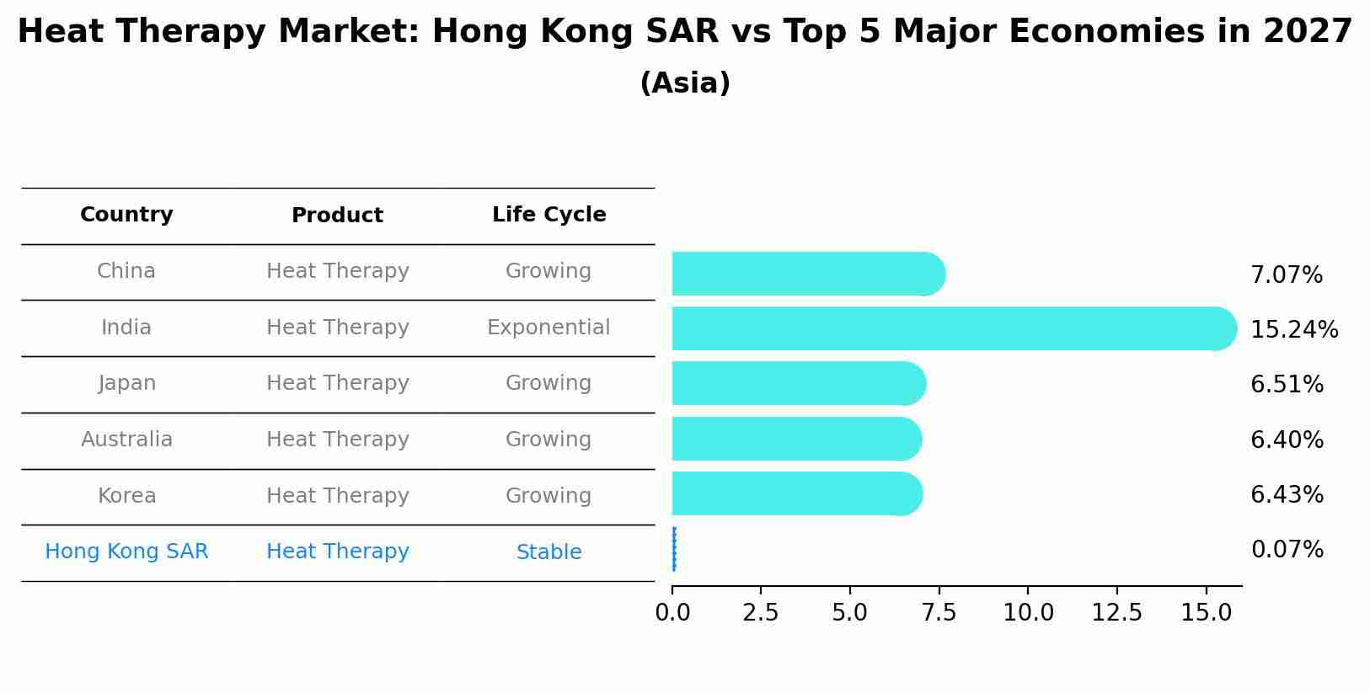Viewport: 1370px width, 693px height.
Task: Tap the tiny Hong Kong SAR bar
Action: coord(674,549)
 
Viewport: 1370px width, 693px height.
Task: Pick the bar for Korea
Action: coord(796,493)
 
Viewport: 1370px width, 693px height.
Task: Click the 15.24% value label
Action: coord(1293,329)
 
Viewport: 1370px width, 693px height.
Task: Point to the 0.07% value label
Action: coord(1287,550)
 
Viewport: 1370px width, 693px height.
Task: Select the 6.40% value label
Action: coord(1287,440)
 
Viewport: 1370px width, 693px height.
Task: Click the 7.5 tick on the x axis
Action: coord(939,613)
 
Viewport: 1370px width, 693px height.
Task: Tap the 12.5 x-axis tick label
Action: coord(1116,613)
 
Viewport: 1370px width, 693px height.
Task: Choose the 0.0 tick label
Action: coord(672,613)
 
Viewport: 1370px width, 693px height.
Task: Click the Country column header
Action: coord(126,215)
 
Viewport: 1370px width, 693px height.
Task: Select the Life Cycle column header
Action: coord(549,215)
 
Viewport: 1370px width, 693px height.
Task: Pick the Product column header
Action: coord(337,216)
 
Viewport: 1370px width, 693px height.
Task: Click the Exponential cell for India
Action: coord(549,328)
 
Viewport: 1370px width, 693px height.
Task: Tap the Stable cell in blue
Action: coord(549,552)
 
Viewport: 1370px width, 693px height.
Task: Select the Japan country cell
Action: coord(126,383)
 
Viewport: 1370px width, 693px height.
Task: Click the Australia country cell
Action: coord(126,440)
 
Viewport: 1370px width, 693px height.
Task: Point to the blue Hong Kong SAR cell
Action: coord(126,552)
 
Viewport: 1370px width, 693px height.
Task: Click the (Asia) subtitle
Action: coord(684,83)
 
